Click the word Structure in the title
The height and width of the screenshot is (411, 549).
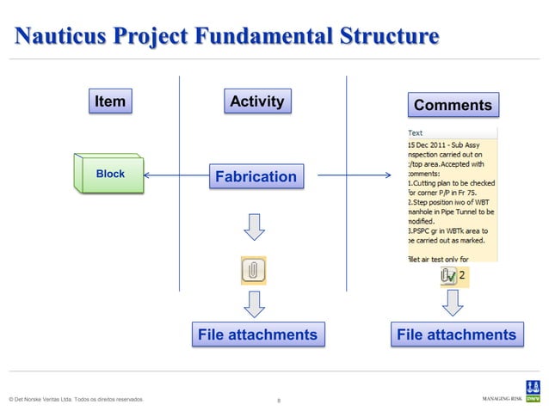386,37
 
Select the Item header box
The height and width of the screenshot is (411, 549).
110,101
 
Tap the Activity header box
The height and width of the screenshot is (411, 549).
256,101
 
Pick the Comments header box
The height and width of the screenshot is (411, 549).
453,105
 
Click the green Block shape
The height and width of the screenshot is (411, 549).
109,175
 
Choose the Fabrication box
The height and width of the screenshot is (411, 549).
256,177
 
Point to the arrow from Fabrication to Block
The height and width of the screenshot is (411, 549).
176,176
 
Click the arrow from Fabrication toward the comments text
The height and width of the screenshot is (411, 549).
353,177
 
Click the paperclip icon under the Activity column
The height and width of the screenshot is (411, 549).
253,270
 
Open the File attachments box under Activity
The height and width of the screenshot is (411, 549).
257,334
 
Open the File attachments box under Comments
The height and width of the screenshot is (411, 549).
456,334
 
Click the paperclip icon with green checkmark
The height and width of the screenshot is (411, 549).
448,276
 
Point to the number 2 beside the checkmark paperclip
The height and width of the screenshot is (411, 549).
463,276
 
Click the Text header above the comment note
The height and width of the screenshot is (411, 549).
415,132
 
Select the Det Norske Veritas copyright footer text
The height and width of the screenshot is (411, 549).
74,400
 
